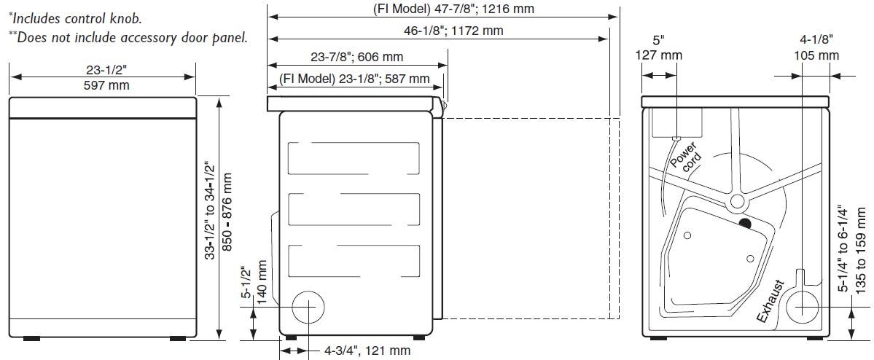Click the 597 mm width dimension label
(106, 85)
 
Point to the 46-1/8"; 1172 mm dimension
(453, 31)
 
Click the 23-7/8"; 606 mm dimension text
(356, 57)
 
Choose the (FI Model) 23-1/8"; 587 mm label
(354, 79)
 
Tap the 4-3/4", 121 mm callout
(367, 351)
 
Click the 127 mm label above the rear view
(659, 55)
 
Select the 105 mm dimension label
(816, 55)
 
